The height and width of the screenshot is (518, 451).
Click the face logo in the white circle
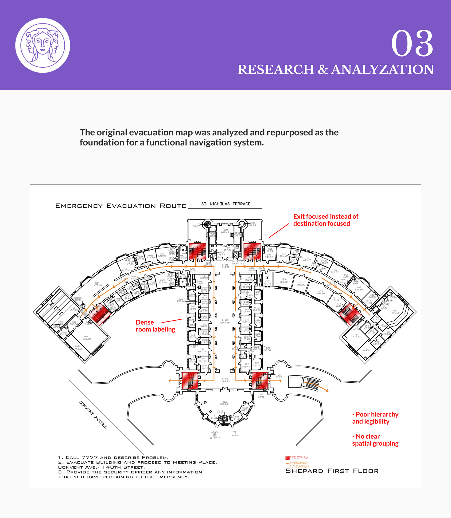tap(43, 45)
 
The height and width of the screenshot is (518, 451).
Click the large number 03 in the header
tap(412, 43)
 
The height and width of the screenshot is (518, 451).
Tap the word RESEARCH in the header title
tap(276, 70)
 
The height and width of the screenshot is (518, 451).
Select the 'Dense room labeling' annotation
tap(155, 326)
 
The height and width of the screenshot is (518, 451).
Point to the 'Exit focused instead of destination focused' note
tap(325, 220)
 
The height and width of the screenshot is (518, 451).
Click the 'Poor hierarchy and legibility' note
tap(375, 418)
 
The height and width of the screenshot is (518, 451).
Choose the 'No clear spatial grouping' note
tap(375, 440)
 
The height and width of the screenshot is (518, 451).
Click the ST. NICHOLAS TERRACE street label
tap(226, 204)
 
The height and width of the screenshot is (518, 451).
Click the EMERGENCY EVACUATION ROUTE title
tap(121, 206)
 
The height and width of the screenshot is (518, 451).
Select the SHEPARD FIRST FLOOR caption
tap(332, 471)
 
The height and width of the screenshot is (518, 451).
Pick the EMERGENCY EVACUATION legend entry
tap(299, 464)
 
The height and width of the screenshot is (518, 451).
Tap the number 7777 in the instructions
tap(89, 457)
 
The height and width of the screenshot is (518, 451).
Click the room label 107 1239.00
tap(86, 338)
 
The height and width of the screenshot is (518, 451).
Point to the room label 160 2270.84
tap(225, 403)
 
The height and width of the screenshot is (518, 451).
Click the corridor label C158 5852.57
tap(225, 322)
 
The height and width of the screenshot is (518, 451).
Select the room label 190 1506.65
tap(395, 311)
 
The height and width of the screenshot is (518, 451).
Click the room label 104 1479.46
tap(97, 284)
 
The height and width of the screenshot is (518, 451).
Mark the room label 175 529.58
tap(284, 281)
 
